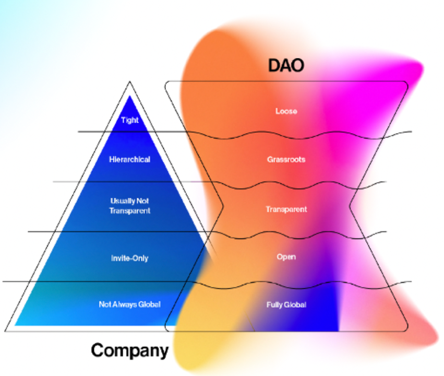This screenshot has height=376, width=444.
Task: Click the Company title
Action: [130, 350]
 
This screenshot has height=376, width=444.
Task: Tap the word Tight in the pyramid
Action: [130, 120]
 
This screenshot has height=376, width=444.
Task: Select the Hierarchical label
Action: [129, 159]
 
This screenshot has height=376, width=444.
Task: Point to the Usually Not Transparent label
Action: [130, 205]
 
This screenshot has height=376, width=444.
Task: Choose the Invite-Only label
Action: [129, 258]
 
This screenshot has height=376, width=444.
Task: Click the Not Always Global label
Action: [129, 304]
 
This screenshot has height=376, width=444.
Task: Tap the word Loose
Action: [286, 111]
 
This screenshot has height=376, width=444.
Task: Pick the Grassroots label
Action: [286, 159]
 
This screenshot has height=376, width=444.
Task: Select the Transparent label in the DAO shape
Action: [286, 209]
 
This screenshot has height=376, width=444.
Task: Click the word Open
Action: [286, 257]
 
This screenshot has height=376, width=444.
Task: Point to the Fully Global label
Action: [285, 304]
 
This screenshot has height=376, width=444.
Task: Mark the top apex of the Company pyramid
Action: [130, 82]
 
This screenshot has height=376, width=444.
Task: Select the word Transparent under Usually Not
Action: [130, 210]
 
